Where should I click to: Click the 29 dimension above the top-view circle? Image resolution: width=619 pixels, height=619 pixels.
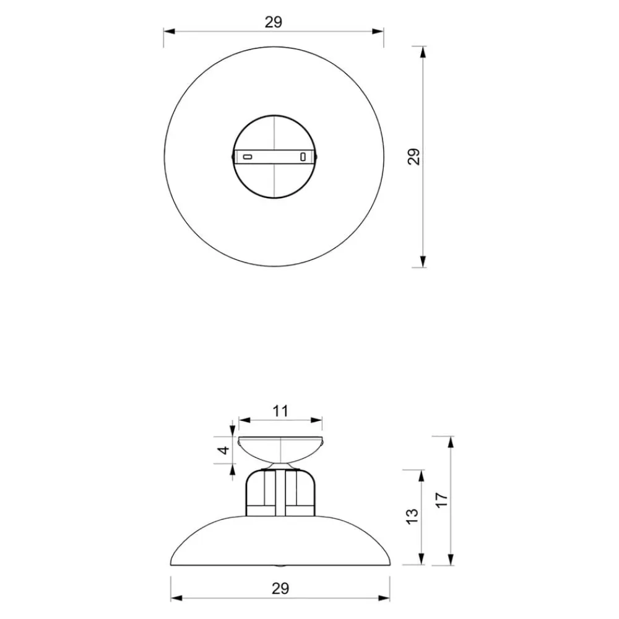[274, 22]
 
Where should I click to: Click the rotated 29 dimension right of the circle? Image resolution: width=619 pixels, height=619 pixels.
[414, 157]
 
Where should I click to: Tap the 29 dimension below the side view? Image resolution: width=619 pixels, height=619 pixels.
[280, 589]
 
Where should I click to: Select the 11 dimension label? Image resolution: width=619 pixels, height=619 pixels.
[280, 411]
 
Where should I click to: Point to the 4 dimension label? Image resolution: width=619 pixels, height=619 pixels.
[224, 449]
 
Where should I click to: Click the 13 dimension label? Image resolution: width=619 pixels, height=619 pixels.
[412, 516]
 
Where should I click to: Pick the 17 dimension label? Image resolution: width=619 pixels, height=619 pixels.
[442, 500]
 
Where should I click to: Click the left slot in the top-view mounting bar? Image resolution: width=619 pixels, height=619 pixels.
[247, 157]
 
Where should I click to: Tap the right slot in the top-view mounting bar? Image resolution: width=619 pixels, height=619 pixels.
[303, 157]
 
